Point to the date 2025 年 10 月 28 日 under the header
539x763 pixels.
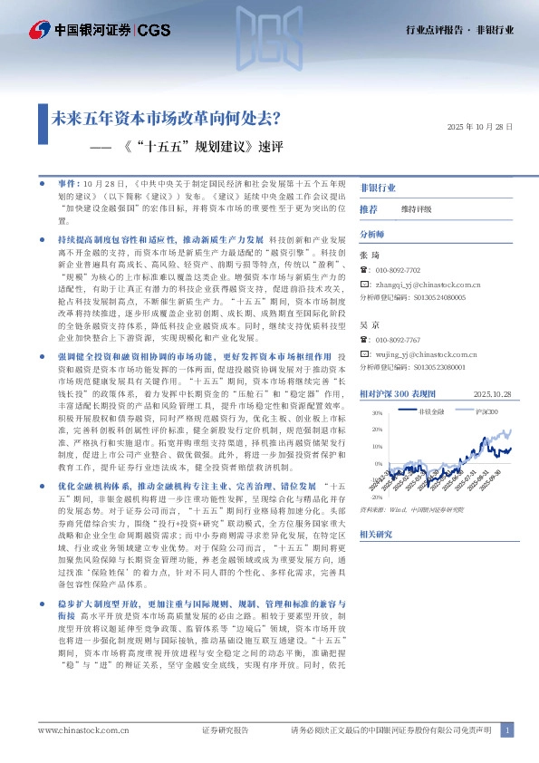(481, 128)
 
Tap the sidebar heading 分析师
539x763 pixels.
(373, 233)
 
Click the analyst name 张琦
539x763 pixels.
(368, 256)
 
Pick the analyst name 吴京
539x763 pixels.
(368, 324)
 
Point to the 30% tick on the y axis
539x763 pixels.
(378, 412)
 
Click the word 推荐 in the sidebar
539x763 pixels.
(369, 209)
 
